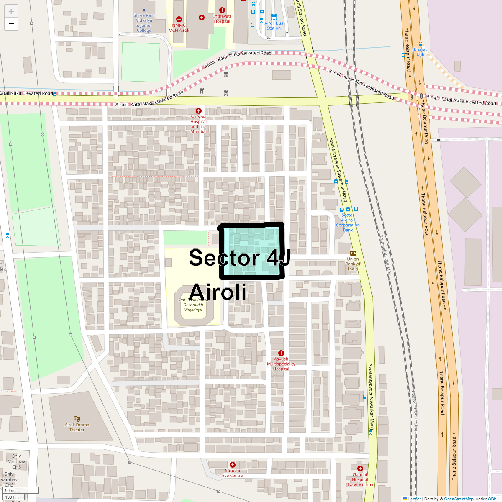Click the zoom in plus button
pos(11,11)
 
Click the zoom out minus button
pos(11,24)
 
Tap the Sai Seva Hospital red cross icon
pos(199,111)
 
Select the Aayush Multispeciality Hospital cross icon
pos(281,353)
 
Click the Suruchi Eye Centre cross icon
pos(233,465)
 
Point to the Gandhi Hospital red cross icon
pos(360,469)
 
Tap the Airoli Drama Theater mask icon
pos(77,418)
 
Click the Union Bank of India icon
pos(353,253)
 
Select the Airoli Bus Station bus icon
pos(274,17)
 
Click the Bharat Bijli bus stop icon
pos(420,44)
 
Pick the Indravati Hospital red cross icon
pos(222,10)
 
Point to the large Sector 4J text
pos(239,258)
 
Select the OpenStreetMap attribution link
pos(458,499)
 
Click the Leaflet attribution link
pos(414,499)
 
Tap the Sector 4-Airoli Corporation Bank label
pos(348,223)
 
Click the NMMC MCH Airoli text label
pos(179,28)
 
